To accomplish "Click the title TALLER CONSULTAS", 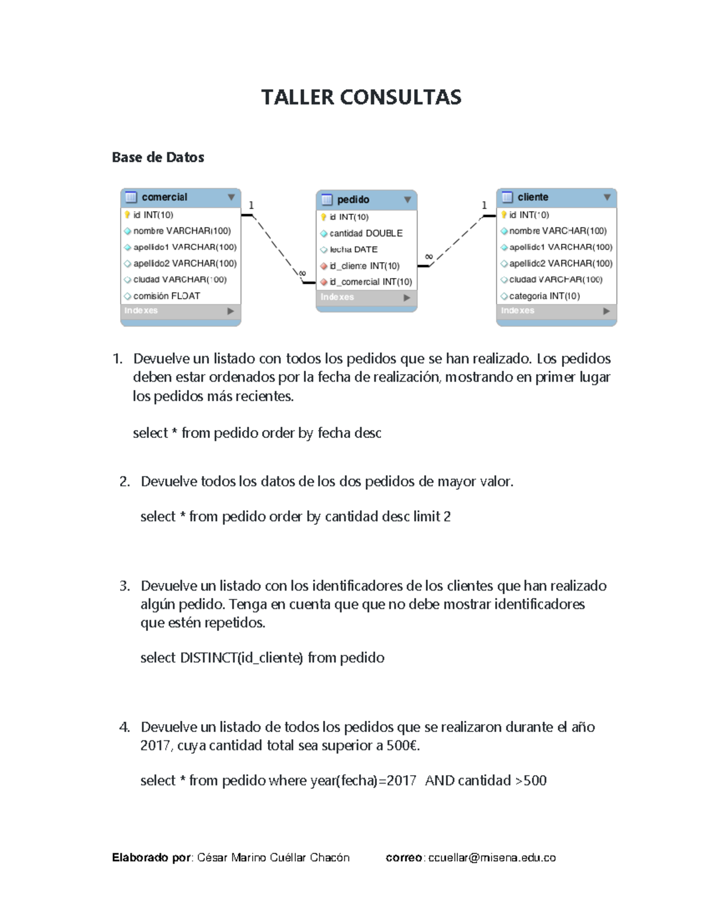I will (361, 97).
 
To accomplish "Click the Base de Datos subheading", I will (158, 157).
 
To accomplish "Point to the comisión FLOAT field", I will (166, 296).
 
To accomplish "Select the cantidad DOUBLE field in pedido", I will (366, 233).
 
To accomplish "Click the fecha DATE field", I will (353, 250).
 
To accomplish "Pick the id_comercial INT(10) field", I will (370, 282).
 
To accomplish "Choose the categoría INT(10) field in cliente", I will (544, 296).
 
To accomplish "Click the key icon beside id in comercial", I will (127, 215).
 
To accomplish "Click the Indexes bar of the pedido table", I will (366, 297).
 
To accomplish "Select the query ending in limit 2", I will (295, 517).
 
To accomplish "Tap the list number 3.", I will (124, 586).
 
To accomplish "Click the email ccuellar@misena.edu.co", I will (492, 857).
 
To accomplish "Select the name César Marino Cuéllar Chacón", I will (273, 857).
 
